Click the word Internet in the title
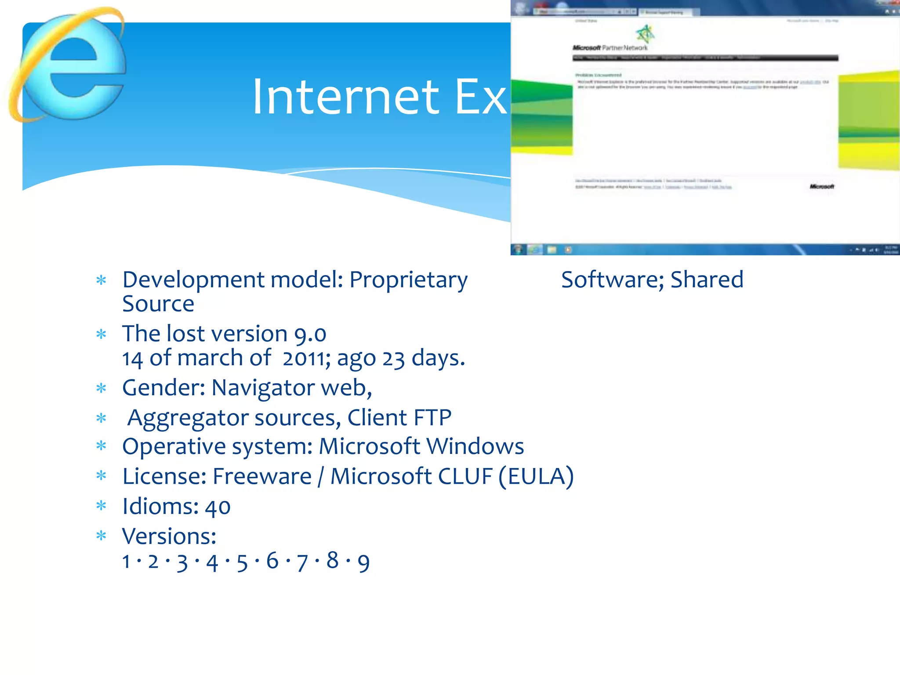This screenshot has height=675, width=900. click(345, 97)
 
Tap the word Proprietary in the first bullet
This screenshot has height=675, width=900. click(408, 280)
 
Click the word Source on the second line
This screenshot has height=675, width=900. click(158, 304)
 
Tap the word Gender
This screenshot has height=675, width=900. click(163, 388)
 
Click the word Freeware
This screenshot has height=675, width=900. click(262, 476)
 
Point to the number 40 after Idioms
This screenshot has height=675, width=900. click(218, 507)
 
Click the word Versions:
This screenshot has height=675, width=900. click(169, 537)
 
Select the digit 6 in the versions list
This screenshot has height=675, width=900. click(272, 561)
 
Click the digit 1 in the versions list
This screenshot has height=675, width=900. click(127, 562)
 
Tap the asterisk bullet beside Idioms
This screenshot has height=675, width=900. click(102, 506)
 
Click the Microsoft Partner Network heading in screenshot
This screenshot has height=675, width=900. click(610, 47)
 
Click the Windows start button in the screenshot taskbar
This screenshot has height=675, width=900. click(518, 250)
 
